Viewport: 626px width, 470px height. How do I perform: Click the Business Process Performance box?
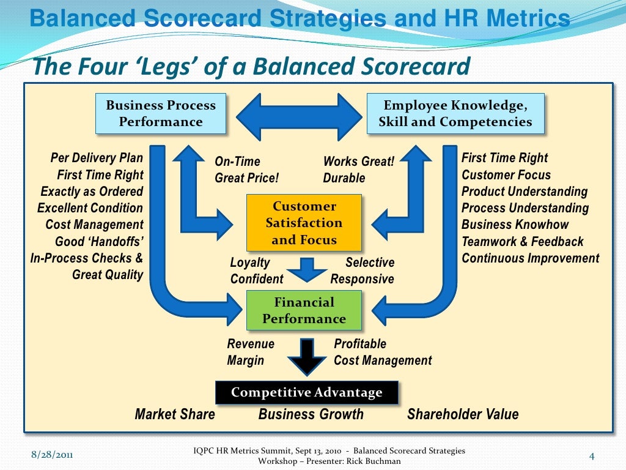161,113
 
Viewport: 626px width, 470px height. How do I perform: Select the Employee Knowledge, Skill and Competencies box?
455,113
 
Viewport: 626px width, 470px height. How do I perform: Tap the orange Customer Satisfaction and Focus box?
304,223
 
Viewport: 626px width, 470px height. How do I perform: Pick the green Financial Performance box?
304,310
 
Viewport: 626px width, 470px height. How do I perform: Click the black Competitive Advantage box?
306,392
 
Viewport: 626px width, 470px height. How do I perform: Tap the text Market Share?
175,414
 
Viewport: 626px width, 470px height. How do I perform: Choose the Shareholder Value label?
463,414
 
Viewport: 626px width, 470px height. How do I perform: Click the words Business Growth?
311,414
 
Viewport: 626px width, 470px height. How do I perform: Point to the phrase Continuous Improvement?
530,258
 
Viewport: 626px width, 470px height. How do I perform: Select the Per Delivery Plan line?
97,158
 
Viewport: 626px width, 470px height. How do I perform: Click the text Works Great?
358,162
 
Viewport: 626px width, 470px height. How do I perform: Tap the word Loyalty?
249,263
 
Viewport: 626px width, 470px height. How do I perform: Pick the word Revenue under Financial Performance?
251,344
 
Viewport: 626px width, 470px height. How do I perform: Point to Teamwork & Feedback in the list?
522,241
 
